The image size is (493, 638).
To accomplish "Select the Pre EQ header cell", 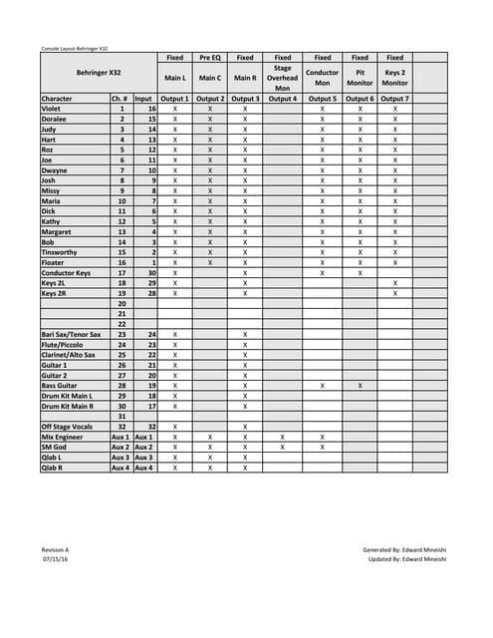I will click(x=210, y=58).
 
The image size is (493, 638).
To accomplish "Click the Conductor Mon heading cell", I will click(x=323, y=78).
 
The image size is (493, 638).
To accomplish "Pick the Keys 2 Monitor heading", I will click(x=394, y=78).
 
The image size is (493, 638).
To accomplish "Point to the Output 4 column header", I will click(x=283, y=99).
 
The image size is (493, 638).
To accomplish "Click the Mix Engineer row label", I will click(x=62, y=437).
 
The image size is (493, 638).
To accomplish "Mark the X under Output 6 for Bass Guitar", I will click(x=360, y=385).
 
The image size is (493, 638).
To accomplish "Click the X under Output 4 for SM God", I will click(x=283, y=447).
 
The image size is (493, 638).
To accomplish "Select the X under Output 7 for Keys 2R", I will click(x=394, y=293).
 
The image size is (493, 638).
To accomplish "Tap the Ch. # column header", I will click(x=121, y=99).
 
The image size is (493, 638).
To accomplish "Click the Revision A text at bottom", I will click(x=57, y=549).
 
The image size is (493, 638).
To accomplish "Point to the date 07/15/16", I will click(x=55, y=559).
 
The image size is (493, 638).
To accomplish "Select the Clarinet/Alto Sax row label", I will click(x=69, y=354).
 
